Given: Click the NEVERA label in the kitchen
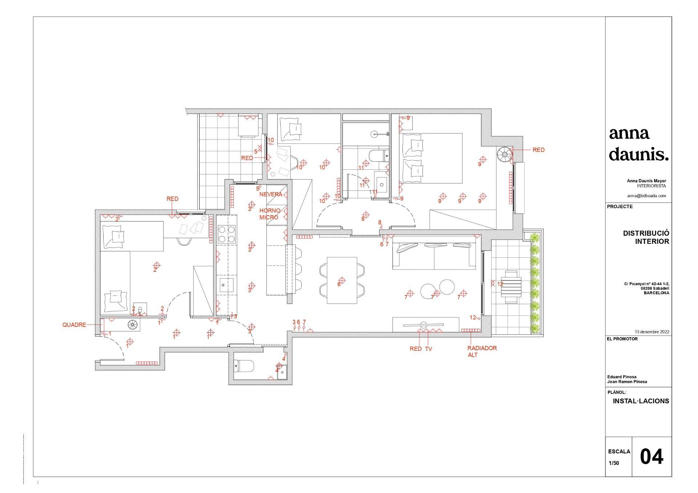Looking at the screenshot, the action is tap(270, 194).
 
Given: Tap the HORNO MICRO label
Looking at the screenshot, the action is tap(270, 214).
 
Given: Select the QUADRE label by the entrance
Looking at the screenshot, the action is tap(74, 325).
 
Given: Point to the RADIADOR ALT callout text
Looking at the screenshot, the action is tap(482, 351).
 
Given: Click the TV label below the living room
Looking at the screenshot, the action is tap(428, 349).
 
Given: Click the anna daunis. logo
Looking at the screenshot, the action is tap(639, 144).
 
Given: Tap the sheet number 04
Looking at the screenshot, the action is tap(651, 456).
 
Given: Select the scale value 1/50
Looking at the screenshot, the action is tap(614, 463).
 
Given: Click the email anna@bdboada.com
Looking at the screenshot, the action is tap(646, 195).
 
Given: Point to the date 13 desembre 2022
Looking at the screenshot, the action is tap(652, 332).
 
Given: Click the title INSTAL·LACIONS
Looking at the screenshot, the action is tap(641, 401).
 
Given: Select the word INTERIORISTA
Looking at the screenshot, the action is tap(651, 186).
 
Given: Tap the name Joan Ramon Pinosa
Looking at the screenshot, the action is tap(627, 382).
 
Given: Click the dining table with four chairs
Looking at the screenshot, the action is tap(342, 280).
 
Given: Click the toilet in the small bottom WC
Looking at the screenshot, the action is tap(244, 366).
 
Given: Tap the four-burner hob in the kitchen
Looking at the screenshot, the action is tap(226, 234).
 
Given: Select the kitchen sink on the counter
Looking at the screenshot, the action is tap(227, 285).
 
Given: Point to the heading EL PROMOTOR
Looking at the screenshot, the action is tap(622, 339).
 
